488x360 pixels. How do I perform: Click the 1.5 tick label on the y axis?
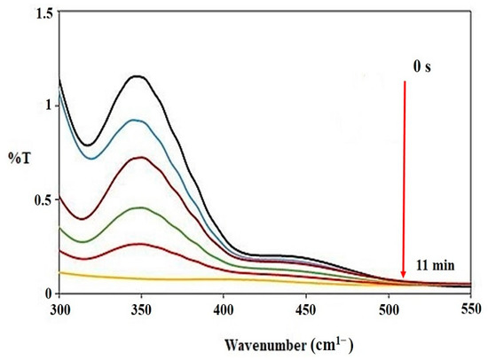coord(41,12)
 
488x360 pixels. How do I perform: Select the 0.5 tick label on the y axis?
coord(41,200)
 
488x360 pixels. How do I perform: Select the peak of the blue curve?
coord(136,120)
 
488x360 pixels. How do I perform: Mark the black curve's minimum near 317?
coord(87,145)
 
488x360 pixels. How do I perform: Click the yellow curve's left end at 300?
coord(60,272)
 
